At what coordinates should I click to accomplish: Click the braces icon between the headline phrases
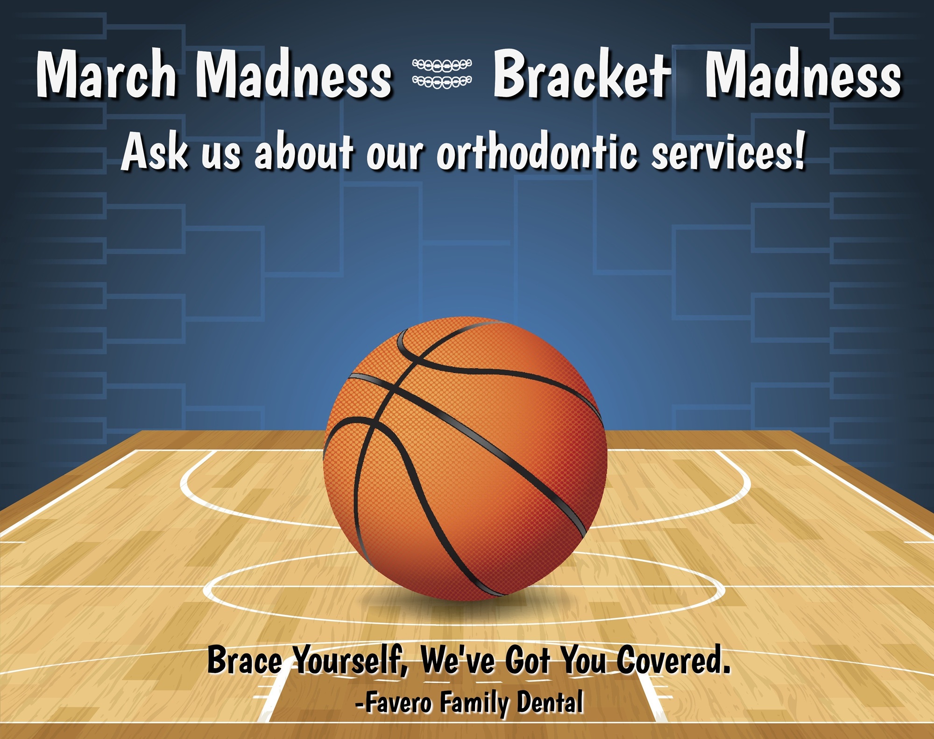(x=442, y=73)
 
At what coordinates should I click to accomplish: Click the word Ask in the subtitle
(x=156, y=151)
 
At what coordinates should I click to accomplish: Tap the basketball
(x=465, y=458)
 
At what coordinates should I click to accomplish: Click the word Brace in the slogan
(x=245, y=660)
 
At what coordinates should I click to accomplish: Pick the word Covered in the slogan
(x=673, y=660)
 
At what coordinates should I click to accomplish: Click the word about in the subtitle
(x=303, y=151)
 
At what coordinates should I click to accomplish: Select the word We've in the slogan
(x=457, y=660)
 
